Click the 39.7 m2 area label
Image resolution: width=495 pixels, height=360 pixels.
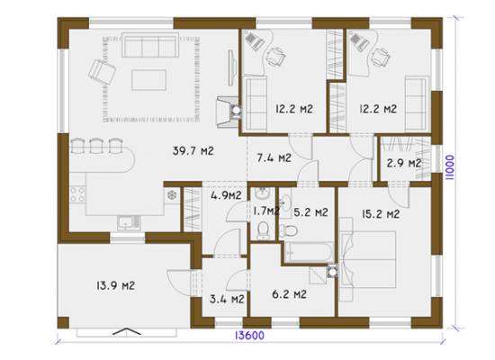193,151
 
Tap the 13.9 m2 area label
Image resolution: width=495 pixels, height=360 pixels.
115,286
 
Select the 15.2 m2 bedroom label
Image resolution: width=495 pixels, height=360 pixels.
381,214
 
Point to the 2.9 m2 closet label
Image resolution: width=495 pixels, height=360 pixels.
404,163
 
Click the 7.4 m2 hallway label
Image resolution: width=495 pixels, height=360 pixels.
274,157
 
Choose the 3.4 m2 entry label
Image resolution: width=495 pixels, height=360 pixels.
227,299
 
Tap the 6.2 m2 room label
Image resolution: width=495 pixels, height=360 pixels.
289,294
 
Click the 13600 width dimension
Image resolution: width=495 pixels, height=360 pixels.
249,336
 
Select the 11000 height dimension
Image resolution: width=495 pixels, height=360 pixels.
450,167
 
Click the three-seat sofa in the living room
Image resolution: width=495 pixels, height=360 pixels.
150,45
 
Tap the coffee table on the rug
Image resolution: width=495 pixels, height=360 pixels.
149,80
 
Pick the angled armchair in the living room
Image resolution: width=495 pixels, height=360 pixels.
102,72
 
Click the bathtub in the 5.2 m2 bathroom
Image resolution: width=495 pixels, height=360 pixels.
309,252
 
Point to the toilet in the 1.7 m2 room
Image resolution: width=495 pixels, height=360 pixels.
263,229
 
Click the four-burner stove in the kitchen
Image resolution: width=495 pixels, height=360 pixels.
77,193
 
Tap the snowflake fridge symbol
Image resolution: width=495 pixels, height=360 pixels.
172,195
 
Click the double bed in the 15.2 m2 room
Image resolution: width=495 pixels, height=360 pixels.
368,259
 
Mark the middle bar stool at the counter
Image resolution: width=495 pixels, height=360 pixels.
95,146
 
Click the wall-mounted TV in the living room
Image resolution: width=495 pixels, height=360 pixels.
232,67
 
